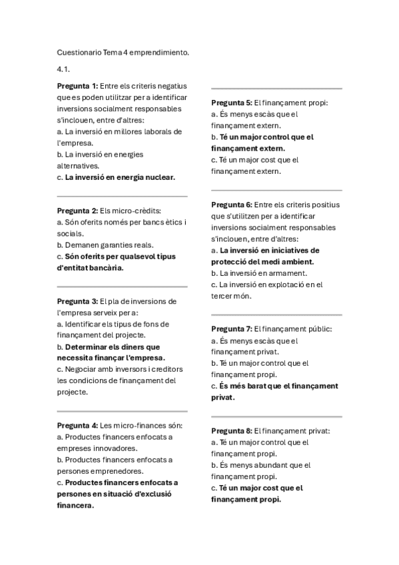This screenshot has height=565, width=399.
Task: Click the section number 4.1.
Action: click(65, 69)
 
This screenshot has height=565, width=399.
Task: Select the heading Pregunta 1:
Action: click(78, 85)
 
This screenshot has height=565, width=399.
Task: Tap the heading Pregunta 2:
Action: click(78, 211)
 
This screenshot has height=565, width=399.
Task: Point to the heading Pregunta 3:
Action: click(78, 301)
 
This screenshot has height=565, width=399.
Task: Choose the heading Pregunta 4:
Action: click(78, 425)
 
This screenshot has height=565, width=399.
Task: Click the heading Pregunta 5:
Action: click(232, 103)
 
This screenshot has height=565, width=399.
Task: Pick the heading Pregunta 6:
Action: click(232, 205)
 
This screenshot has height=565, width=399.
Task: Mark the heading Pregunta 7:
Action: click(232, 329)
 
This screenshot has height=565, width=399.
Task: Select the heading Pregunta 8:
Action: click(232, 431)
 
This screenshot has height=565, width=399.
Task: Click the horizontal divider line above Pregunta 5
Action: click(276, 89)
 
